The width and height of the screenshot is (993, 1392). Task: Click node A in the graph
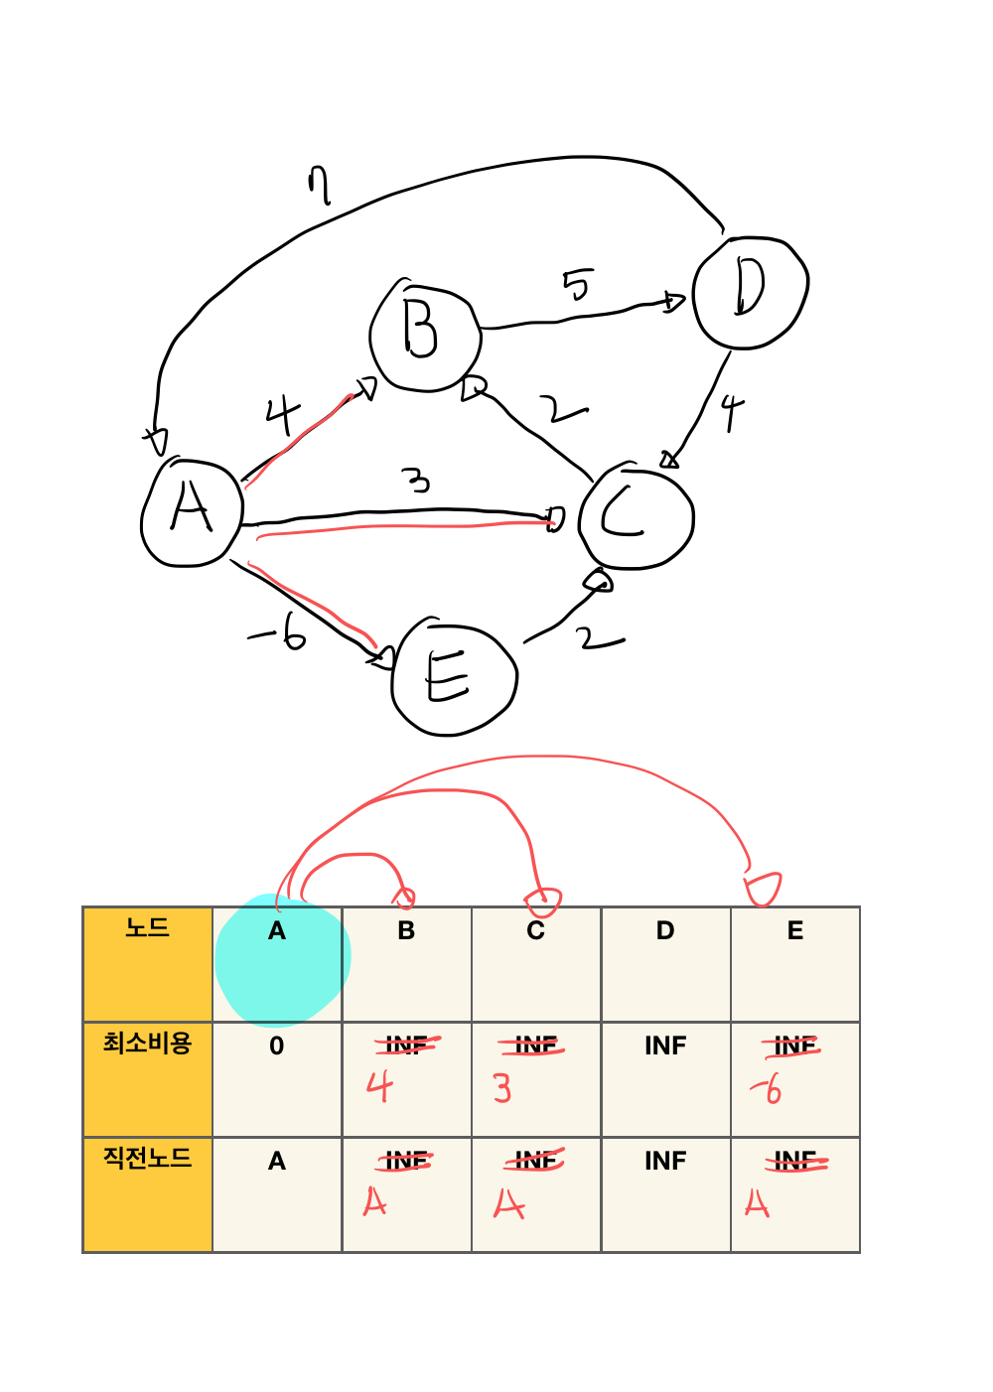pos(192,512)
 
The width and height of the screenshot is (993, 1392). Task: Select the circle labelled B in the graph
pos(424,335)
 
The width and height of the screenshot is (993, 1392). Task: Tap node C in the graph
pos(636,516)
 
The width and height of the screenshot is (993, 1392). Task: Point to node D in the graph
pos(750,292)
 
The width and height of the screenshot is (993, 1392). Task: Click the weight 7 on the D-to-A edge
pos(318,186)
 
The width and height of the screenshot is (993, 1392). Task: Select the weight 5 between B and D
pos(577,285)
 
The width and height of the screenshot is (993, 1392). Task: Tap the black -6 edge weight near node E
pos(279,630)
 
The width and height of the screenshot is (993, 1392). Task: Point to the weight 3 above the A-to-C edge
pos(419,482)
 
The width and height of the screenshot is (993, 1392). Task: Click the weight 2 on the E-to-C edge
pos(599,639)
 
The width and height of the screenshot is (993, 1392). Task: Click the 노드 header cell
pos(147,929)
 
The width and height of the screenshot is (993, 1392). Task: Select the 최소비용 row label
pos(147,1044)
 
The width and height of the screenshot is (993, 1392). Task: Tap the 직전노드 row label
pos(147,1159)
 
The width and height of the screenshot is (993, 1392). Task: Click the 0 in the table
pos(277,1046)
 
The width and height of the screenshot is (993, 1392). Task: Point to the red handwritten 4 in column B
pos(379,1088)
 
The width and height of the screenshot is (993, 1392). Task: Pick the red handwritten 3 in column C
pos(502,1089)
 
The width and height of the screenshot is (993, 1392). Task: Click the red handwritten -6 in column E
pos(767,1089)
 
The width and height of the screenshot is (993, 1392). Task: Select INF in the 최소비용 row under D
pos(665,1046)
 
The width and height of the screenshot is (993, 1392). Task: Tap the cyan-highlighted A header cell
pos(277,931)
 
